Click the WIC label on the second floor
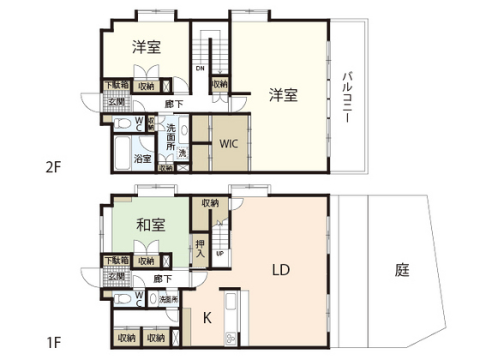coord(228,143)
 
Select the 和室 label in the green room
coord(150,225)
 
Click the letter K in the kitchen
coord(207,317)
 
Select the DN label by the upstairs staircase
coord(200,69)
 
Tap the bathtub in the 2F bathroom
coord(121,158)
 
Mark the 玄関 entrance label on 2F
coord(115,102)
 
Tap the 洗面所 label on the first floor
coord(168,300)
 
